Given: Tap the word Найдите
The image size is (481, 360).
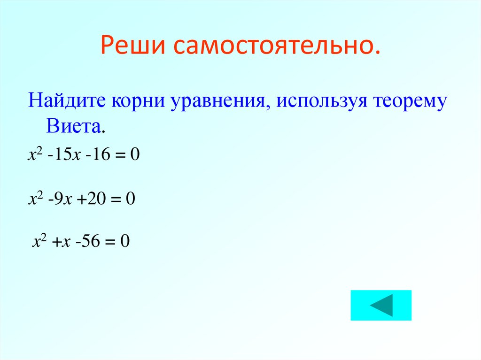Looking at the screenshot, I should pos(66,101).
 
